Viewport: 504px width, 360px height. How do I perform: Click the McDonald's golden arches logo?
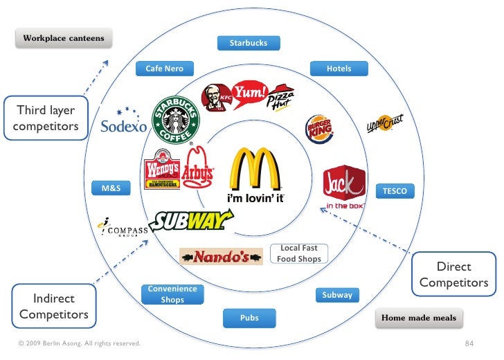point(256,170)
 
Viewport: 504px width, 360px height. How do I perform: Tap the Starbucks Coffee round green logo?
point(176,120)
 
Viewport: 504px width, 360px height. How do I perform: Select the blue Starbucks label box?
point(248,43)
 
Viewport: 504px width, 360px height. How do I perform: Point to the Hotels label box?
point(339,69)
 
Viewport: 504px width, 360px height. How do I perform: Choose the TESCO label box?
point(395,190)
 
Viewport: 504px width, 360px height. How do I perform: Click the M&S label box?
point(111,188)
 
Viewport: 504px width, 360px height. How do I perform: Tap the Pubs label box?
point(249,318)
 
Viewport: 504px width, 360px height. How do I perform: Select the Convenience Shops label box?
point(172,294)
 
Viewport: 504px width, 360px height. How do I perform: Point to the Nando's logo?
point(221,258)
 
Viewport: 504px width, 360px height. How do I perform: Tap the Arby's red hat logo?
point(198,168)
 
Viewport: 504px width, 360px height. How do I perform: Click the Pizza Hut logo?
point(281,97)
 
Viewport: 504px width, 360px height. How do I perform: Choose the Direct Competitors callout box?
point(454,274)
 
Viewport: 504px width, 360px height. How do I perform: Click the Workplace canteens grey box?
point(64,38)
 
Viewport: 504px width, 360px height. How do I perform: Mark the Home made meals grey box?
point(420,318)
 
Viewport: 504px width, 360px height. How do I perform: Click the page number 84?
point(469,343)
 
